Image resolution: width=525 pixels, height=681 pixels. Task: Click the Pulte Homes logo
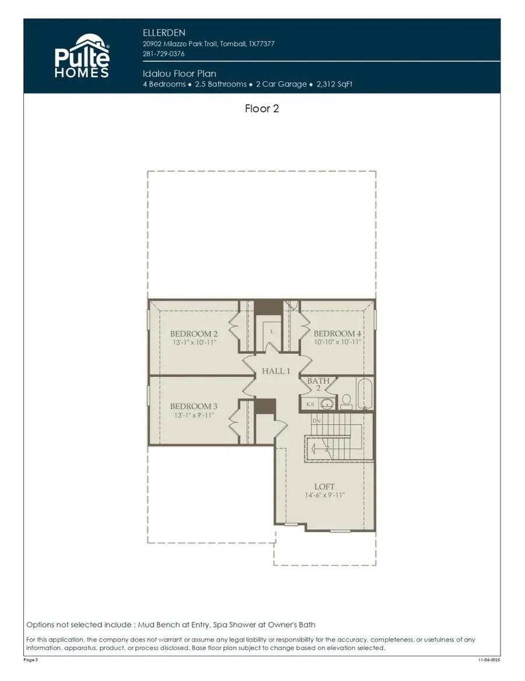pyautogui.click(x=82, y=56)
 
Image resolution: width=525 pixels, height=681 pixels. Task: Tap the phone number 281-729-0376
pyautogui.click(x=163, y=54)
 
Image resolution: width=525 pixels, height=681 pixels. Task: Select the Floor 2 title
pyautogui.click(x=262, y=109)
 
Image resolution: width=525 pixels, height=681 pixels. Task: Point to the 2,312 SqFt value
pyautogui.click(x=334, y=84)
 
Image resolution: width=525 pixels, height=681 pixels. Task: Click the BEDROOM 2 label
pyautogui.click(x=194, y=334)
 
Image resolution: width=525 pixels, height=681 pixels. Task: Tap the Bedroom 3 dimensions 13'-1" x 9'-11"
pyautogui.click(x=194, y=415)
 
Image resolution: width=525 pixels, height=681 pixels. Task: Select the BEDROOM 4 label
pyautogui.click(x=338, y=334)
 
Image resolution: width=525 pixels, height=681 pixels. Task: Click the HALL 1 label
pyautogui.click(x=275, y=371)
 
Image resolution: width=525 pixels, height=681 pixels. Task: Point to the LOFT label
pyautogui.click(x=324, y=487)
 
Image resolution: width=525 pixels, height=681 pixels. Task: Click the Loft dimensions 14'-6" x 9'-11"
pyautogui.click(x=324, y=495)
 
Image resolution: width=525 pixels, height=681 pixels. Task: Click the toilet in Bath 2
pyautogui.click(x=346, y=400)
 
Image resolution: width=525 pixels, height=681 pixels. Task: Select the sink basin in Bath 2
pyautogui.click(x=328, y=404)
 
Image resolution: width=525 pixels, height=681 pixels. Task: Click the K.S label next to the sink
pyautogui.click(x=310, y=404)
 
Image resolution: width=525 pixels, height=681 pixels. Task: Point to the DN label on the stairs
pyautogui.click(x=316, y=421)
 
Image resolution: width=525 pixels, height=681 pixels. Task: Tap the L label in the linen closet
pyautogui.click(x=272, y=332)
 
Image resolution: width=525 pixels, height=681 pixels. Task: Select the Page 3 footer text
pyautogui.click(x=31, y=660)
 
